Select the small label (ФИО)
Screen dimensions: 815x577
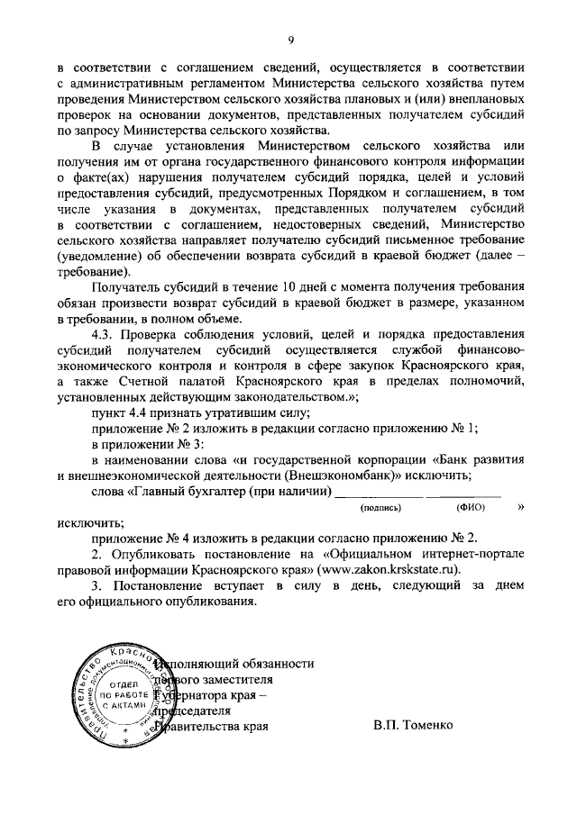471,508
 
